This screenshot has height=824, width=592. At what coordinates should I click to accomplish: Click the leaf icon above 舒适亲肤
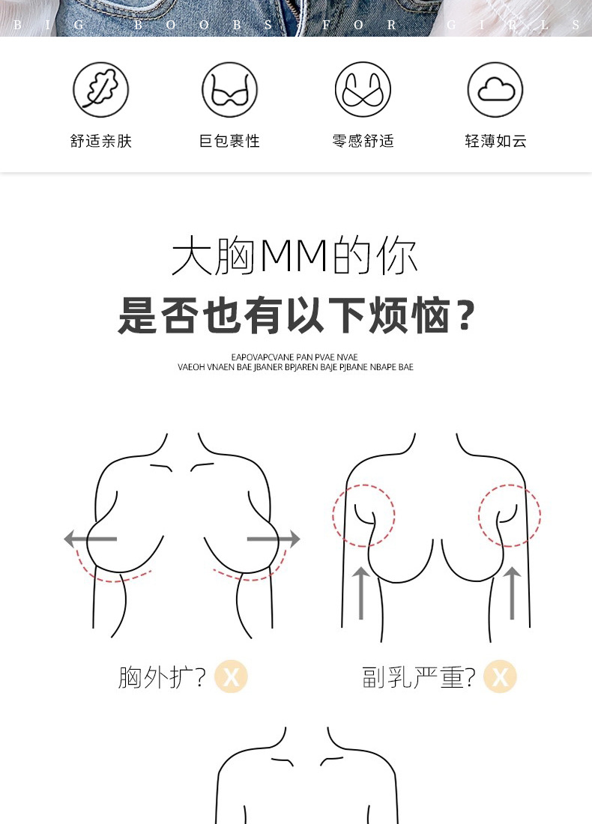101,90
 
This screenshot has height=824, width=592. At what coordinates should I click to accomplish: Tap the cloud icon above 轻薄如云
495,90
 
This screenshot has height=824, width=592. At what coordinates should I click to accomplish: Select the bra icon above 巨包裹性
229,90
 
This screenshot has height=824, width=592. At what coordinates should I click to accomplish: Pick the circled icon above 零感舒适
363,90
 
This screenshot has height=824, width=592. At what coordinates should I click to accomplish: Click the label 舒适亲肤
101,141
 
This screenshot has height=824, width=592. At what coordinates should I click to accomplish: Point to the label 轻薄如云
495,141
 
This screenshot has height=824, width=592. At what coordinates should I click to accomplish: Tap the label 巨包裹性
229,141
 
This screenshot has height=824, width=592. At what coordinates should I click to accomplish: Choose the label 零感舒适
363,141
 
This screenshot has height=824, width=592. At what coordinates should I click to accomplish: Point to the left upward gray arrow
361,592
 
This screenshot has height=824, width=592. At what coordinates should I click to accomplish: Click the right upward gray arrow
512,592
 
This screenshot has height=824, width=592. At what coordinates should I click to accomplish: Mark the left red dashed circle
363,515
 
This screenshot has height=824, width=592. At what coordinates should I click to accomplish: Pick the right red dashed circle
510,515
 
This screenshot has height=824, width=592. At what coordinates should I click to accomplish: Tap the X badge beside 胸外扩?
231,677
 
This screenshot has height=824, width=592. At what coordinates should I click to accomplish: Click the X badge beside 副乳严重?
500,677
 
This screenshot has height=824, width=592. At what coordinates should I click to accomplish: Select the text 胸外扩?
162,677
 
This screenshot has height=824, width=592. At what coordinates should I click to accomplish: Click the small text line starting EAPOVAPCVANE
295,357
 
